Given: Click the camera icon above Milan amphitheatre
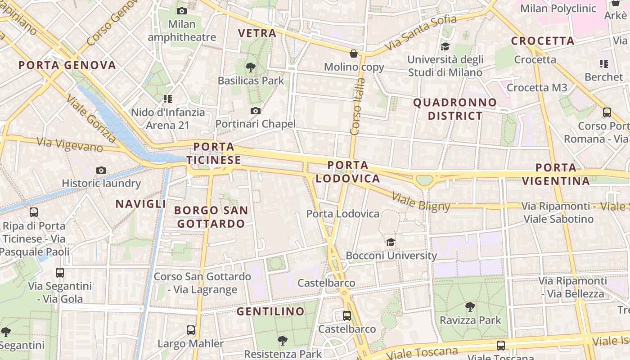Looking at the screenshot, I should click(x=182, y=11).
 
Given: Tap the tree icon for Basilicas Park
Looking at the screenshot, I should click(x=251, y=67).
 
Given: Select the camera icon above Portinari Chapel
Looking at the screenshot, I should click(x=256, y=111).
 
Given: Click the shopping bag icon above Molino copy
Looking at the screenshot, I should click(x=354, y=54).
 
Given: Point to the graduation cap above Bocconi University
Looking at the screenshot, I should click(x=391, y=242).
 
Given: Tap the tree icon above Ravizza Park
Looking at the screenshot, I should click(x=470, y=307).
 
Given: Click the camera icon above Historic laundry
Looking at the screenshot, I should click(x=101, y=170).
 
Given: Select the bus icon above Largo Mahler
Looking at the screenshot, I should click(x=191, y=330).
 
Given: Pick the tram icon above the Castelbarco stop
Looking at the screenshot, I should click(x=346, y=315).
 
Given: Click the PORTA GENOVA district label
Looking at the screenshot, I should click(x=67, y=65).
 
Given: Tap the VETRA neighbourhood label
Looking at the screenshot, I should click(x=257, y=33).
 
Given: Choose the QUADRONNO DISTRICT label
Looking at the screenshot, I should click(x=455, y=109).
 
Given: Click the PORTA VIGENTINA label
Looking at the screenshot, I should click(x=556, y=174).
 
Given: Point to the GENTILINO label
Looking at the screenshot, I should click(x=270, y=311).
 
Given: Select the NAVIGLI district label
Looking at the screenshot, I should click(x=141, y=204).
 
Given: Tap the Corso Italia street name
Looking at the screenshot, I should click(x=358, y=107).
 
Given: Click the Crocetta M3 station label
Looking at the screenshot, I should click(x=537, y=87).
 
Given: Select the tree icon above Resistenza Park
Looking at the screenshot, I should click(x=283, y=341).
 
